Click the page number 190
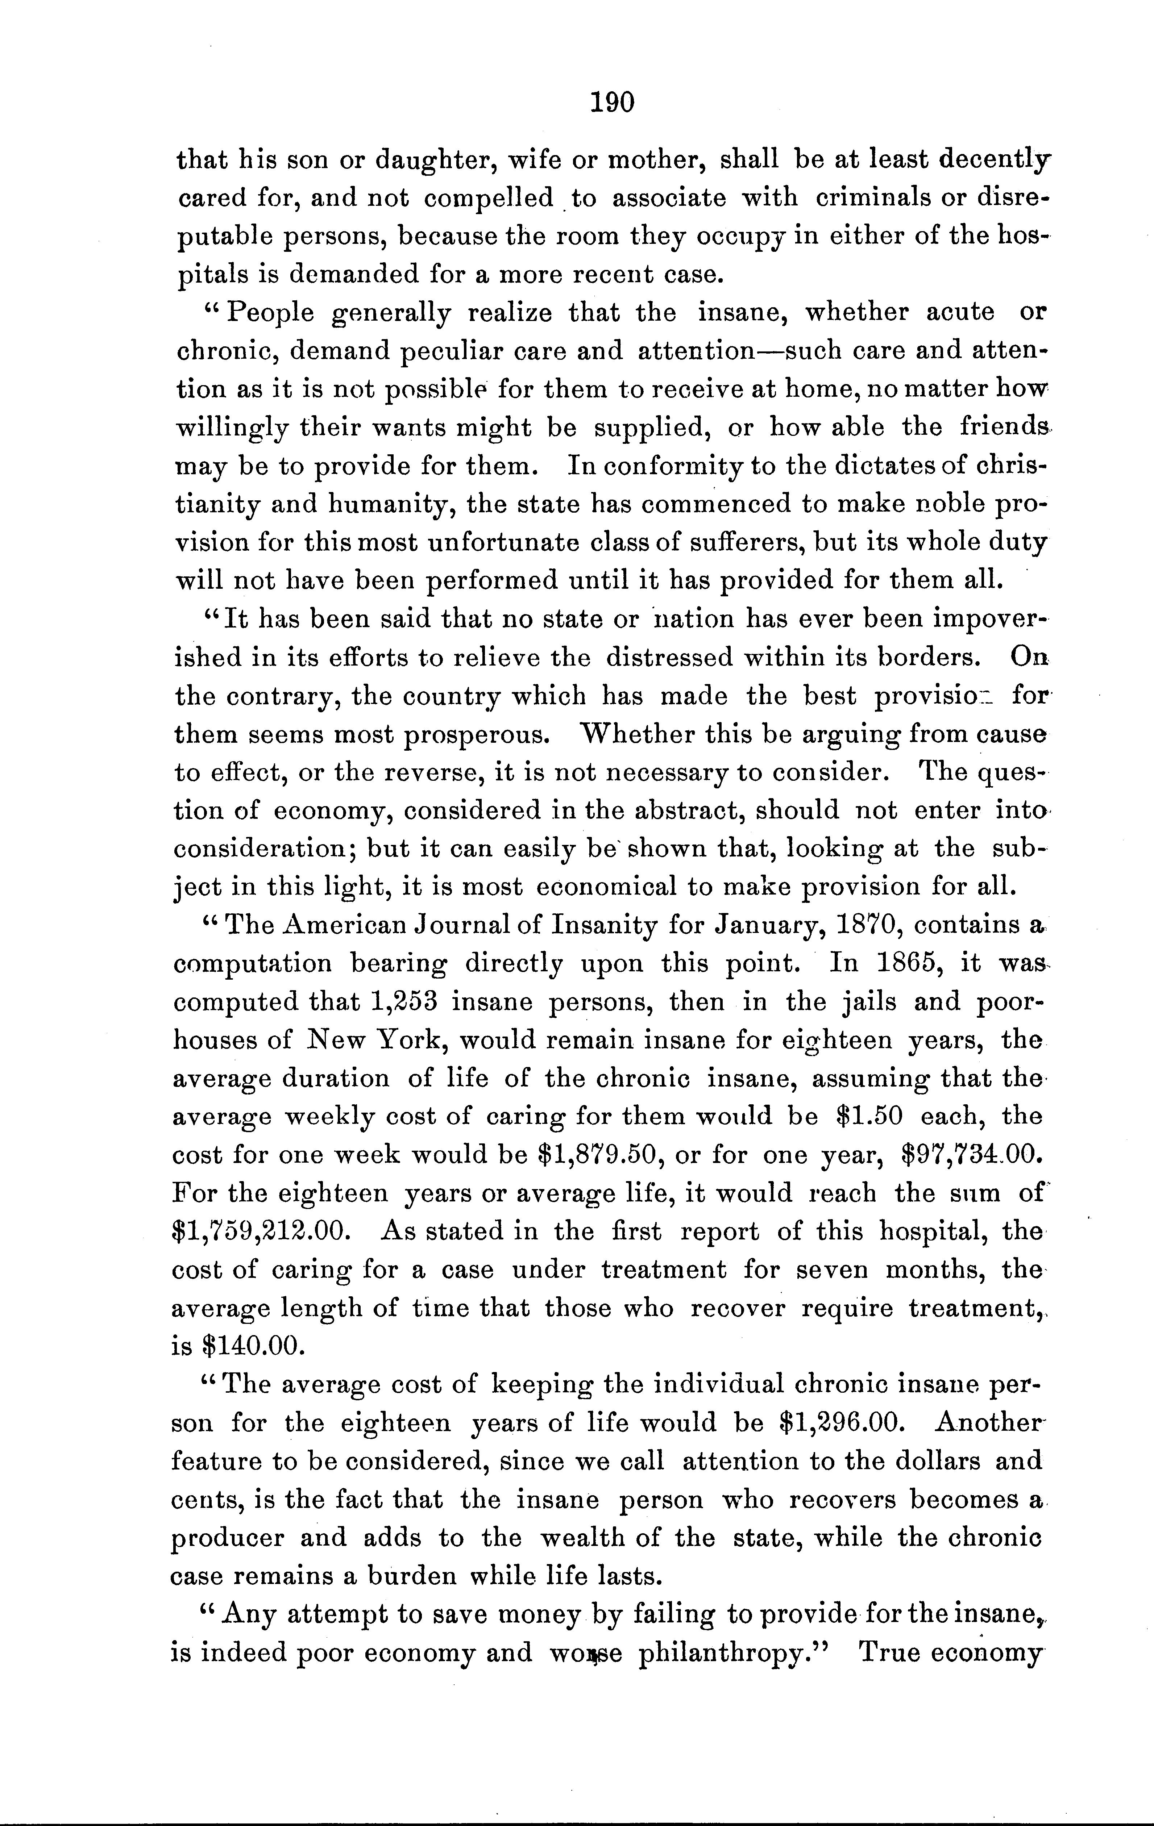[611, 101]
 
